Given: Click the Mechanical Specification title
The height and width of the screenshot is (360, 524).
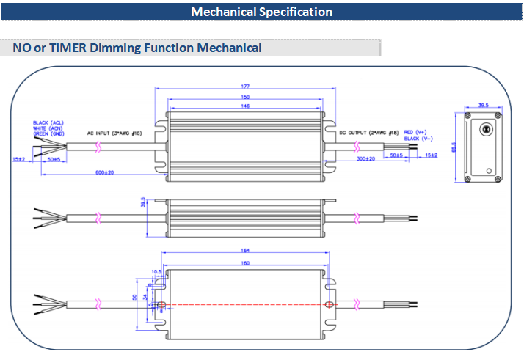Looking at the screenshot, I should click(262, 12).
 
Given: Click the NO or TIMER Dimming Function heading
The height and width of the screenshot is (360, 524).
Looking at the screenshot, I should click(137, 48).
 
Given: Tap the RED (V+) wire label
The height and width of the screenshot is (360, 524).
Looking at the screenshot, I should click(416, 128).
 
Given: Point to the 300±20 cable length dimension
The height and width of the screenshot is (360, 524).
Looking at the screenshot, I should click(365, 158).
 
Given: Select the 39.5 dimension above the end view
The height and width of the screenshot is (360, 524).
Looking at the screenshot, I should click(483, 106).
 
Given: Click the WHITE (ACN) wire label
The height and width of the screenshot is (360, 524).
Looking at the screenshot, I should click(46, 128).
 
